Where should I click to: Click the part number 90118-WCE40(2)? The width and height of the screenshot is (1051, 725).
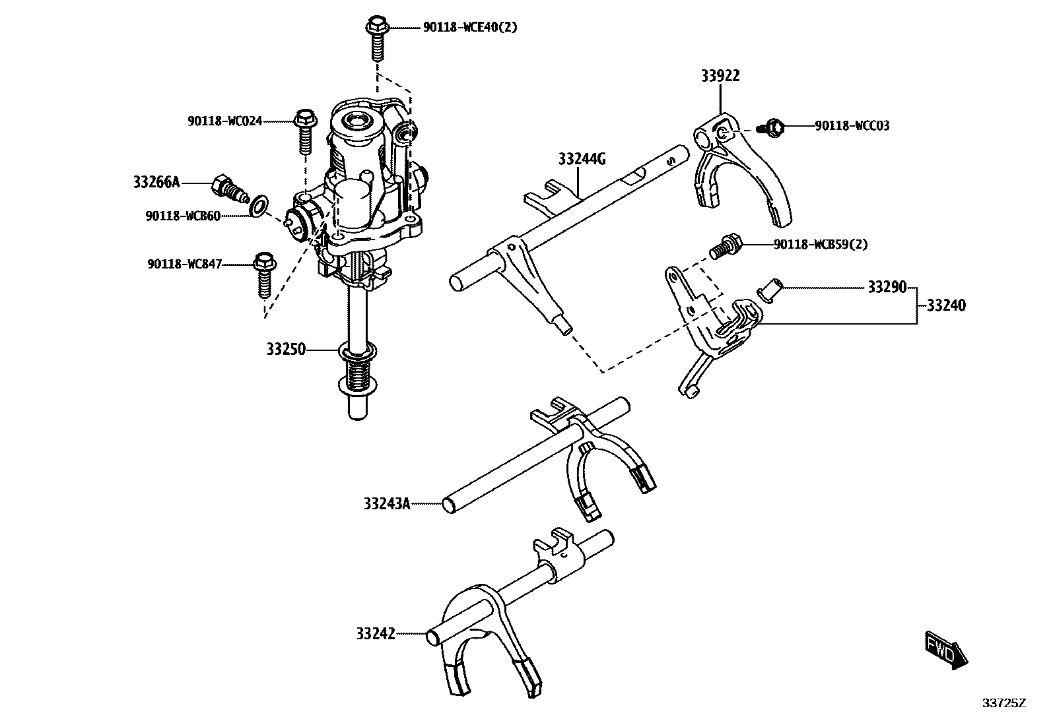pos(469,28)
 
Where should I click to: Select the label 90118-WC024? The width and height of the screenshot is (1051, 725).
pos(224,121)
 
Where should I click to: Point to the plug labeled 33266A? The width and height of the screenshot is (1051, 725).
pos(228,188)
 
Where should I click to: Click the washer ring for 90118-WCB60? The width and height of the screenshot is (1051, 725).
pos(259,206)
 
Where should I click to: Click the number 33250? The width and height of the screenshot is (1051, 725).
pos(286,349)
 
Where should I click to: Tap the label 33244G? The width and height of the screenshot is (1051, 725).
pos(582,159)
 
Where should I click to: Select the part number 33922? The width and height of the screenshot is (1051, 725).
pos(720,76)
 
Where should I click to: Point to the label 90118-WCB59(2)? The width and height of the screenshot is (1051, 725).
pos(821,245)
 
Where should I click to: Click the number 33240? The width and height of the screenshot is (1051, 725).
pos(945,305)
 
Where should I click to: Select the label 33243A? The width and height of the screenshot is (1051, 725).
pos(386,504)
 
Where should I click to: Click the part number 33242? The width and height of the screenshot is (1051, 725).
pos(375,634)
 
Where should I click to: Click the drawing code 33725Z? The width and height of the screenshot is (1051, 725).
pos(1004,703)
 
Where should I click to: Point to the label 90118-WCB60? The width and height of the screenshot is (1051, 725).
pos(183,216)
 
